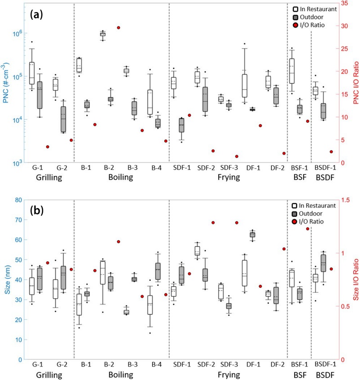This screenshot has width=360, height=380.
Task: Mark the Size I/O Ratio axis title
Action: (x=354, y=279)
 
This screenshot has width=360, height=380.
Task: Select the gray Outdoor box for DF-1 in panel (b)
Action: (x=252, y=234)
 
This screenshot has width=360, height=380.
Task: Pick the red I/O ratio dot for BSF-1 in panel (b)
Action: (x=308, y=228)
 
